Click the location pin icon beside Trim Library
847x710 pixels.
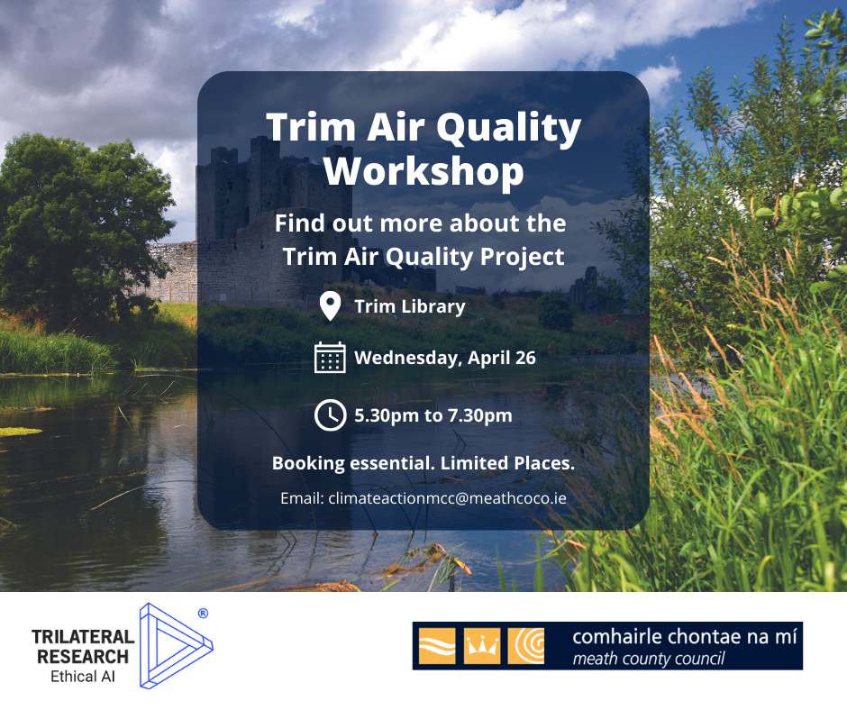tap(330, 305)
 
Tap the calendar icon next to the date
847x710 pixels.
tap(330, 357)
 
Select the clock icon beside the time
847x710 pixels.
tap(330, 415)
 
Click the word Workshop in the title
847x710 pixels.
tap(423, 171)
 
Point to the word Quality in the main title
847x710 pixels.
tap(508, 129)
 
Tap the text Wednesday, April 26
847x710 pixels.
tap(445, 358)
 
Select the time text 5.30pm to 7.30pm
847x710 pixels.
tap(433, 415)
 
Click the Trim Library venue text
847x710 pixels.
tap(410, 306)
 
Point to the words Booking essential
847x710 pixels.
tap(354, 463)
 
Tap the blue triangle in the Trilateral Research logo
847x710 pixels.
tap(176, 646)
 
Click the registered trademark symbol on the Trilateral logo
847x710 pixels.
tap(203, 614)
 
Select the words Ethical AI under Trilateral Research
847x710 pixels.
tap(83, 677)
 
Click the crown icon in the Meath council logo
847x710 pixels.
tap(482, 646)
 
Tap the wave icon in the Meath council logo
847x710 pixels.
tap(438, 646)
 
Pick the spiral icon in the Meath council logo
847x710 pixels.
tap(526, 646)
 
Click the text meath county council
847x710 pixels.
tap(649, 659)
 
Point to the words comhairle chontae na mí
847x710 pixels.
tap(685, 636)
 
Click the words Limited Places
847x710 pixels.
tap(508, 463)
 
